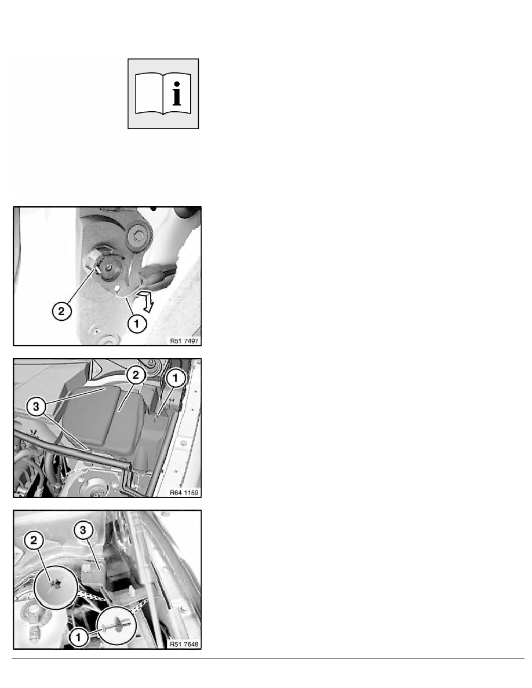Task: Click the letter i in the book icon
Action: tap(177, 93)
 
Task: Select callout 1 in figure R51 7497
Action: tap(137, 324)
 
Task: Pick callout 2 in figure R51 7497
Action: tap(61, 312)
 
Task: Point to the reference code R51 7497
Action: tap(184, 341)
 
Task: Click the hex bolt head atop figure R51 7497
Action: tap(139, 237)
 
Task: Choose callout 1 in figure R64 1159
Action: tap(176, 378)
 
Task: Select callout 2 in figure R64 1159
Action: tap(136, 375)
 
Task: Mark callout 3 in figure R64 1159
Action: tap(36, 407)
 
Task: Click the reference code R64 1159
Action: tap(184, 493)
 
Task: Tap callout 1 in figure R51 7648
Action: tap(79, 638)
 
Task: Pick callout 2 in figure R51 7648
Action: tap(34, 540)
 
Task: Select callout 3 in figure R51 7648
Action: tap(83, 529)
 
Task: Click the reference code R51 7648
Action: tap(184, 644)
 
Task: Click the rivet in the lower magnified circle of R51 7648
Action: tap(116, 624)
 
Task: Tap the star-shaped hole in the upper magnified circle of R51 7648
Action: tap(56, 584)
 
